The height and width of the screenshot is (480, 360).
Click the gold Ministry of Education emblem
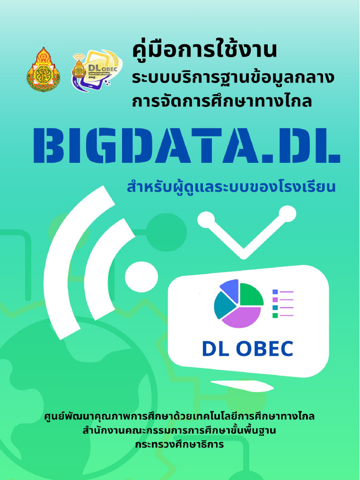tap(43, 69)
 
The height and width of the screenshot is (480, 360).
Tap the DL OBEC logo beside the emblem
tap(96, 70)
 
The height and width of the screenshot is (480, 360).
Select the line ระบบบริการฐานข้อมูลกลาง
tap(232, 77)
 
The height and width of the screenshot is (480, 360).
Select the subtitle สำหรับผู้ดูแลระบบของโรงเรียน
tap(232, 188)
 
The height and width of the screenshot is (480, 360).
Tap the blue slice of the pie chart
tap(230, 289)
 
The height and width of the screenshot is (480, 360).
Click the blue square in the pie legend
tap(275, 292)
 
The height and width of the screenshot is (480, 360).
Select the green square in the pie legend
tap(275, 315)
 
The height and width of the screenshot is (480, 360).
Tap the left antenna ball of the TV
tap(206, 219)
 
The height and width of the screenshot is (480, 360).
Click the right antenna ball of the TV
tap(287, 214)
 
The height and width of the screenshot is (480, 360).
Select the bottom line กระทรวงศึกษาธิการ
tap(180, 443)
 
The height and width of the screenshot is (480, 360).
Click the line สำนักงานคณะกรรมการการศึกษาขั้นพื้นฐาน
tap(180, 430)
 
